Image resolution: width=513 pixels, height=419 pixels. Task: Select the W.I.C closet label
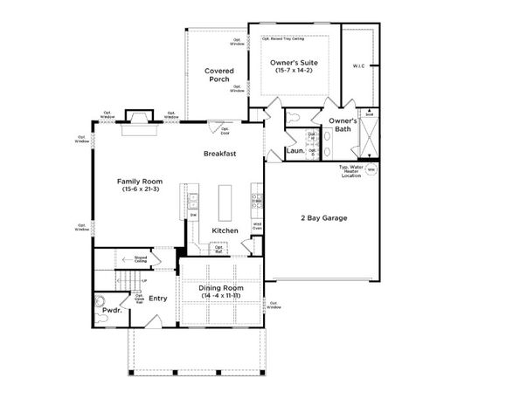(x=357, y=65)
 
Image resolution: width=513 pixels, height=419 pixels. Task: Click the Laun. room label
(x=295, y=150)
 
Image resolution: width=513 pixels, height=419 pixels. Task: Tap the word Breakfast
(x=219, y=153)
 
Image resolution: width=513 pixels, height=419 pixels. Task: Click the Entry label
(x=158, y=299)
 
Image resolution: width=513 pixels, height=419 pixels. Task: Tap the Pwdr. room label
(x=111, y=310)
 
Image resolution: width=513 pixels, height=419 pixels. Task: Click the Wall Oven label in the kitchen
(x=259, y=225)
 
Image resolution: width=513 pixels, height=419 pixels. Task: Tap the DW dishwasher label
(x=192, y=215)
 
